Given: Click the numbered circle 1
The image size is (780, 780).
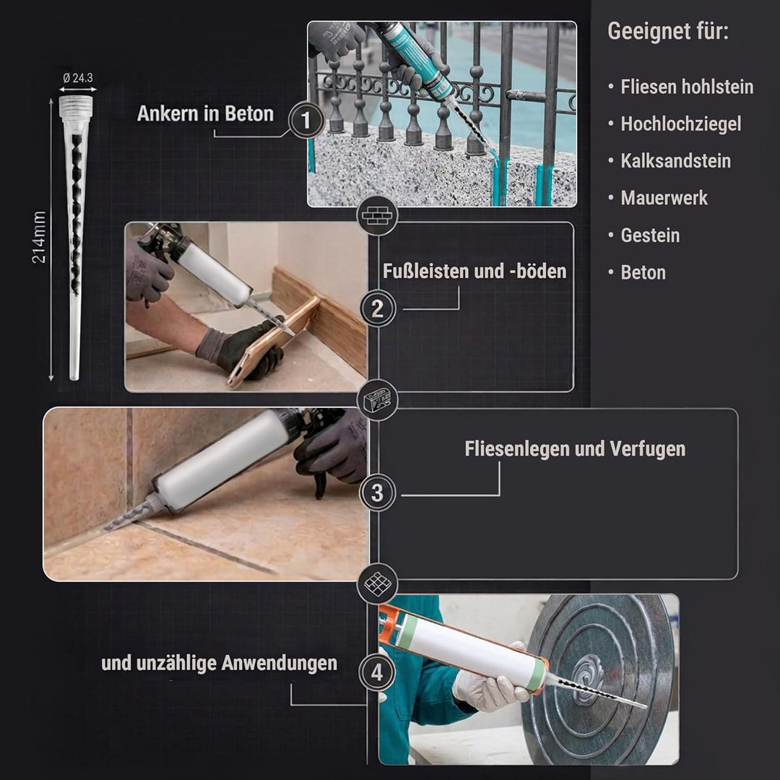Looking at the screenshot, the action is (x=306, y=120).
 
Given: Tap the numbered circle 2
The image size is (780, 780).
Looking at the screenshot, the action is (x=378, y=309).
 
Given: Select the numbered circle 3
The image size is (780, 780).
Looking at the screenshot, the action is (x=377, y=493).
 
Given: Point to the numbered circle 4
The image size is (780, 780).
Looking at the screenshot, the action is (x=377, y=672).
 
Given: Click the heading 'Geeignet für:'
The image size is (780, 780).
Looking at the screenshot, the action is (x=668, y=31).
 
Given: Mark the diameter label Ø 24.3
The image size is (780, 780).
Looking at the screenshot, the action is (x=78, y=77).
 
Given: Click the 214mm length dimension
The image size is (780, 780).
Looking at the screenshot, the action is (x=39, y=238).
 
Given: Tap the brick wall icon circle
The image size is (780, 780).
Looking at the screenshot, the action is (x=377, y=217).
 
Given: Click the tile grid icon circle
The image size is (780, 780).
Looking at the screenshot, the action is (x=378, y=584).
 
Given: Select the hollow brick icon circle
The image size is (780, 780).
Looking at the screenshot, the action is (x=378, y=400).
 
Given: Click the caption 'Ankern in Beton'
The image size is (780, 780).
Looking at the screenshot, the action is (x=205, y=114).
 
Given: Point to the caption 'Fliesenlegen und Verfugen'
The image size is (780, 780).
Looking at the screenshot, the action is (x=575, y=448).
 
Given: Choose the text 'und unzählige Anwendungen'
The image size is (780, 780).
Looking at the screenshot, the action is (x=220, y=663).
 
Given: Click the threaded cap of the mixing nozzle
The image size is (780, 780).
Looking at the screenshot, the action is (x=76, y=106).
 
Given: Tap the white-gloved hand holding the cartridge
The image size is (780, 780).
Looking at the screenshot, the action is (x=490, y=685).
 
